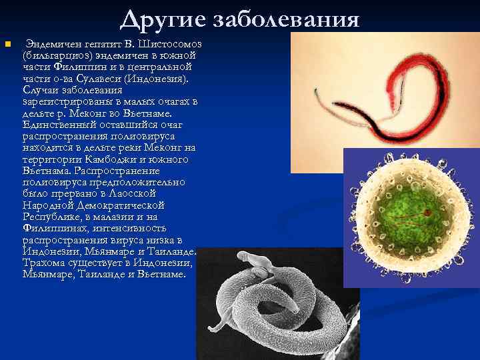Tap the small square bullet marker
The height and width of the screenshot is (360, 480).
coord(7,44)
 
